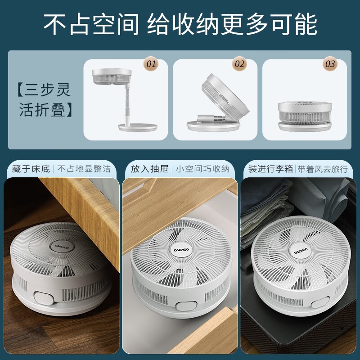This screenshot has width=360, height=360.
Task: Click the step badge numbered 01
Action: (151, 64)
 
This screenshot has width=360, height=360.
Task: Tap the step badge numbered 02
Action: (239, 64)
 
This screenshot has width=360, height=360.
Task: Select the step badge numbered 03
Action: (330, 64)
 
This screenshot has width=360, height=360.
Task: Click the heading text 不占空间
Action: (91, 24)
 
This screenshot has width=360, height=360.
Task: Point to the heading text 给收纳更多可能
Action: (232, 24)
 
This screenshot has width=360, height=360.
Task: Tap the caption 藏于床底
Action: (31, 169)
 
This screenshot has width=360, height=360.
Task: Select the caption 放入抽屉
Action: (150, 169)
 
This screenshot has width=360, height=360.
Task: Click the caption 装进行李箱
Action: (270, 169)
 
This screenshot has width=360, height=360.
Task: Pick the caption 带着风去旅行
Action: (323, 169)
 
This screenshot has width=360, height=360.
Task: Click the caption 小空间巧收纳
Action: (203, 169)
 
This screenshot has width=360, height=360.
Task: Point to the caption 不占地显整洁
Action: (84, 169)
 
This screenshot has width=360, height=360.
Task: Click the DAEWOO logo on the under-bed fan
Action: (62, 247)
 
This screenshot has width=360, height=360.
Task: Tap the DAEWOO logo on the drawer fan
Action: (181, 250)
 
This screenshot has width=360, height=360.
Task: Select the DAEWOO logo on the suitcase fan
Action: (301, 251)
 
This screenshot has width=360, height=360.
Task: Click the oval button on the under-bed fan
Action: (44, 298)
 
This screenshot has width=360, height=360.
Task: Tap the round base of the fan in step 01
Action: (138, 127)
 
